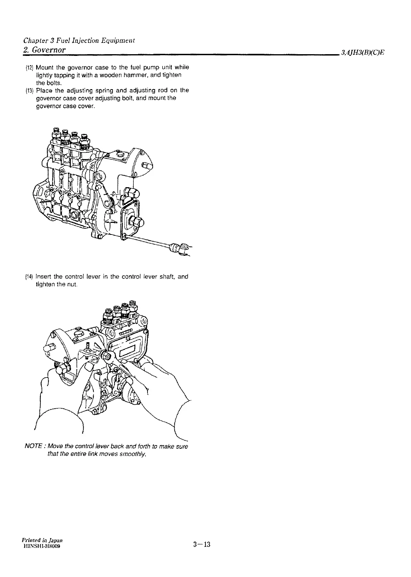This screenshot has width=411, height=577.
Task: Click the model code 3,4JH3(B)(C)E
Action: [363, 53]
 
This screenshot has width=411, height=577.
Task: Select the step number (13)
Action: [29, 91]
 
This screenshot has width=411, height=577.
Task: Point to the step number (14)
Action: [29, 277]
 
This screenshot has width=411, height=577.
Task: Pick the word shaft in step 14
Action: [166, 276]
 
